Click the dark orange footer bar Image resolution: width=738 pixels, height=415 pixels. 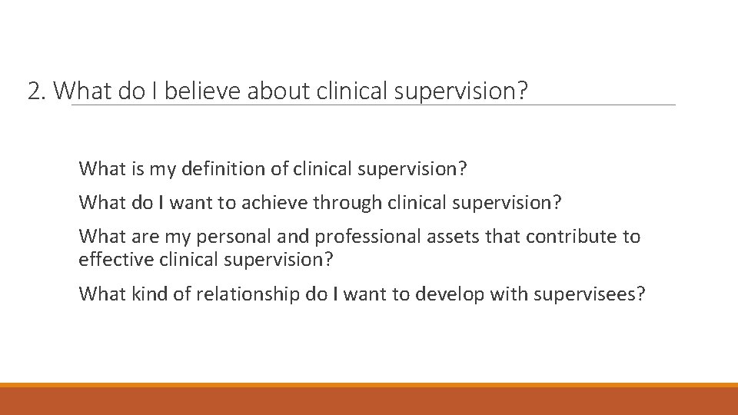(x=369, y=401)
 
